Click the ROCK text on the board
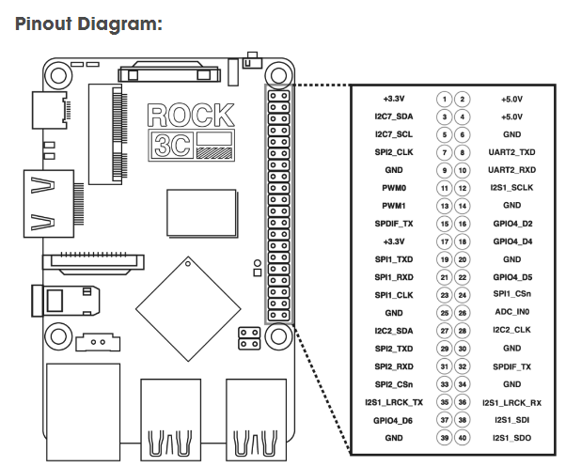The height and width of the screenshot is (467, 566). pyautogui.click(x=191, y=116)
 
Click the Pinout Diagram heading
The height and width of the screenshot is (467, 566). pyautogui.click(x=89, y=24)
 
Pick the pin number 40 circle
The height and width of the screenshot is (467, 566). pyautogui.click(x=463, y=438)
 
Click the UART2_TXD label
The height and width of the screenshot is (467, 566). pyautogui.click(x=511, y=152)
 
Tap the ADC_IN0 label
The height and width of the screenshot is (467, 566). pyautogui.click(x=511, y=312)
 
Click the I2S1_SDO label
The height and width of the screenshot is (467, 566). pyautogui.click(x=511, y=438)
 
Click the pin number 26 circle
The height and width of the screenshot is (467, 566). pyautogui.click(x=463, y=312)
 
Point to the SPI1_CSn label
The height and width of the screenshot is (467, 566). pyautogui.click(x=511, y=294)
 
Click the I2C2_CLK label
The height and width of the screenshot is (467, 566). pyautogui.click(x=511, y=331)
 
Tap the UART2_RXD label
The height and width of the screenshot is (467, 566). pyautogui.click(x=511, y=170)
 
